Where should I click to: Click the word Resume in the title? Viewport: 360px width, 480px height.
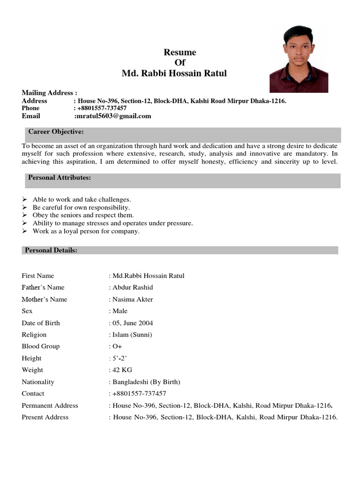coord(180,52)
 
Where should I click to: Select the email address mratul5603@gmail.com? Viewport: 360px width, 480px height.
coord(113,116)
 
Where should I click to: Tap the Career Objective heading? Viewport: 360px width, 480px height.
coord(56,132)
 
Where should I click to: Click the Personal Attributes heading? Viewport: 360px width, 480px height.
coord(60,178)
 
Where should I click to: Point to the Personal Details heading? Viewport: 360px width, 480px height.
coord(51,250)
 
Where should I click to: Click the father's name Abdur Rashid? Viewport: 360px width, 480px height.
coord(133,287)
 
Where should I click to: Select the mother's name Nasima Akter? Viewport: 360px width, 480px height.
coord(133,299)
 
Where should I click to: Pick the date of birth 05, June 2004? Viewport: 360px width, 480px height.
coord(133,323)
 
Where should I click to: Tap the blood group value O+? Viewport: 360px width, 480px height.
coord(117,346)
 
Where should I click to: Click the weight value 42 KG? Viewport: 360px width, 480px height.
coord(122,370)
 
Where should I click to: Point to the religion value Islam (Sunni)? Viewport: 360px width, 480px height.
coord(132,335)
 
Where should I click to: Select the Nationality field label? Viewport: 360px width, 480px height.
coord(38,382)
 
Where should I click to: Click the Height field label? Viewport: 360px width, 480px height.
coord(31,358)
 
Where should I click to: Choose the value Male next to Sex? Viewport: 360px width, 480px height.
coord(120,311)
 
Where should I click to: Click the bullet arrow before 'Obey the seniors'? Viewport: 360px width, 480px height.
coord(25,215)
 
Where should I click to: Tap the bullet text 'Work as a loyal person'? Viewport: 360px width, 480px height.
coord(86,231)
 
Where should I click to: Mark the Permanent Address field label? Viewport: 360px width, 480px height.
coord(50,405)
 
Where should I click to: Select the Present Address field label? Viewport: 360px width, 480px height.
coord(45,417)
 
